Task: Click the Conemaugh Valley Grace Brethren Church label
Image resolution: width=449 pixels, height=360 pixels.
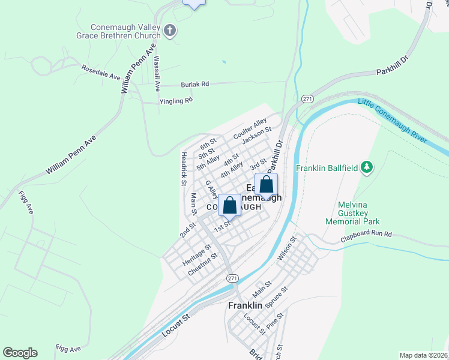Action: pyautogui.click(x=125, y=31)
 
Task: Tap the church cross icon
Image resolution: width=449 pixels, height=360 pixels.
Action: pyautogui.click(x=170, y=31)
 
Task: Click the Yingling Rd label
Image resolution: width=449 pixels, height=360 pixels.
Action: pyautogui.click(x=176, y=101)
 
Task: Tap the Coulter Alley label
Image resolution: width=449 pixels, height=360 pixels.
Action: pyautogui.click(x=250, y=130)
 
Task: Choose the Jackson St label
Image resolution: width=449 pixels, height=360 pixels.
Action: pyautogui.click(x=258, y=137)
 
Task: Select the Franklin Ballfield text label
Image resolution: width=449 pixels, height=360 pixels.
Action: pyautogui.click(x=327, y=167)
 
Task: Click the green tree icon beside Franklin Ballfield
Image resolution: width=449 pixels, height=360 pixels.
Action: pyautogui.click(x=367, y=167)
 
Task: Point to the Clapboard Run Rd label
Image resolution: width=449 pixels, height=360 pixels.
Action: pyautogui.click(x=366, y=234)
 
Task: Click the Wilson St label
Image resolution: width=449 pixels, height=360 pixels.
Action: pyautogui.click(x=286, y=248)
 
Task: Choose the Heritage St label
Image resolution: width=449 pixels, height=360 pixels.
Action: pyautogui.click(x=197, y=256)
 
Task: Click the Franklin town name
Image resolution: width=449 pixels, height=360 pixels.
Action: pyautogui.click(x=245, y=305)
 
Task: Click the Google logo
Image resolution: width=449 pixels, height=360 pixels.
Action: pyautogui.click(x=20, y=353)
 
